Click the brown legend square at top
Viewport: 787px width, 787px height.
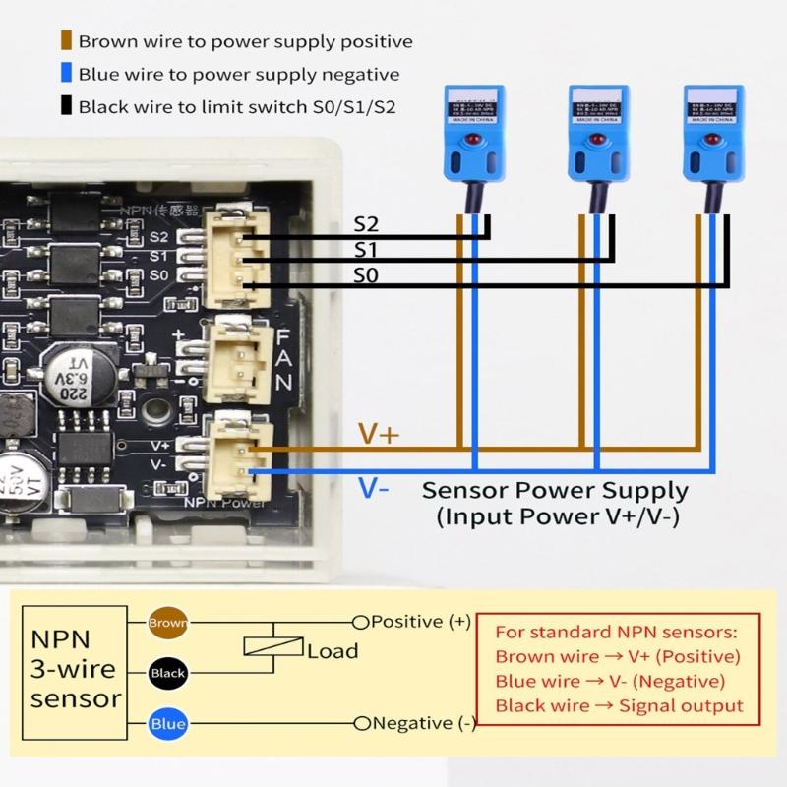(x=66, y=41)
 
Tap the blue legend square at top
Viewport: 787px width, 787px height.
(x=66, y=74)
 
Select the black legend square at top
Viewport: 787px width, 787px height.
(x=66, y=106)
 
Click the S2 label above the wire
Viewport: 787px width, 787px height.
(x=366, y=225)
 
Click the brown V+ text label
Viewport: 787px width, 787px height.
(x=378, y=434)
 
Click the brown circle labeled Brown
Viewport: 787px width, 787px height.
(x=166, y=623)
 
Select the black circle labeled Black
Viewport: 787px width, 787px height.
(x=166, y=674)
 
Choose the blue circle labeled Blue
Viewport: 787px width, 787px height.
(x=166, y=725)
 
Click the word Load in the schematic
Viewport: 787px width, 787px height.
(x=333, y=651)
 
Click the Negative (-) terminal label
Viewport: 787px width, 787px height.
(x=423, y=724)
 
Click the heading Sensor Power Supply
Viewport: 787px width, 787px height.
(x=555, y=490)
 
